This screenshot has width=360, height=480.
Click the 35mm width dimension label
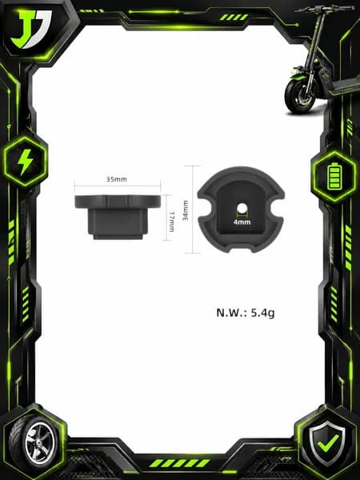tap(116, 179)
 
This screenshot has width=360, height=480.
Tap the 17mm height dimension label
tap(171, 222)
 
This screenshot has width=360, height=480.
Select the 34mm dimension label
tap(186, 210)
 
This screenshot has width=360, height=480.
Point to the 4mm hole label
tap(242, 222)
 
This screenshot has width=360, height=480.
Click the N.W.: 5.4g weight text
tap(246, 313)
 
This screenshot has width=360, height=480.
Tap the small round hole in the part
tap(242, 208)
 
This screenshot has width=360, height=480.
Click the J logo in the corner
tap(30, 29)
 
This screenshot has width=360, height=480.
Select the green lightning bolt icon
tap(25, 162)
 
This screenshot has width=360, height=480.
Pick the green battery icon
tap(334, 176)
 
